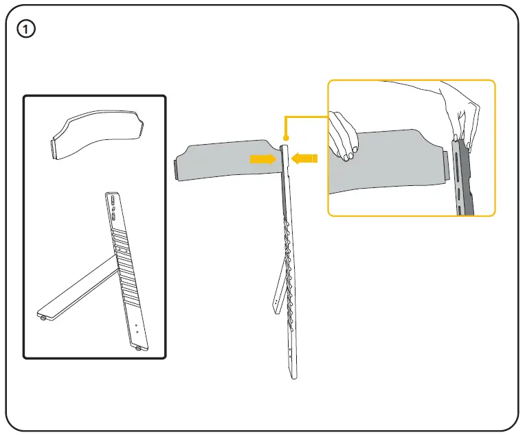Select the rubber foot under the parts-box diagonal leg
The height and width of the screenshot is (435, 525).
click(43, 317)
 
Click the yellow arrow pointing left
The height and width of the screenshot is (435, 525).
click(303, 159)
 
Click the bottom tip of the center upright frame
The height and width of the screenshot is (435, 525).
click(295, 377)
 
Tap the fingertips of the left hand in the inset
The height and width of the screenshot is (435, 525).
click(347, 154)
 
